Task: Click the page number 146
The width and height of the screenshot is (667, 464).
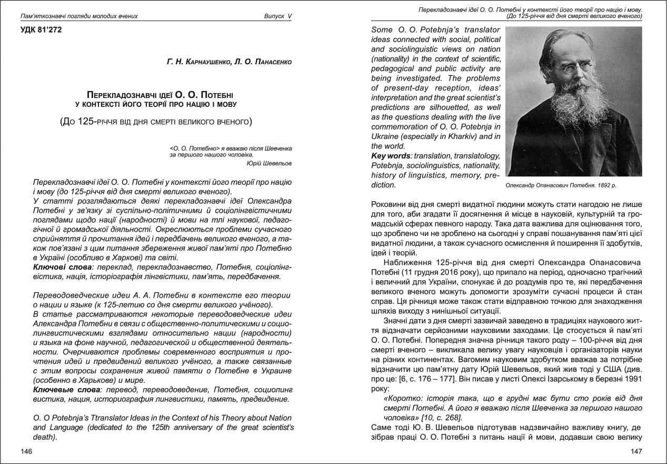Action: pos(26,451)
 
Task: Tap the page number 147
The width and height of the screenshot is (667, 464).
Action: pos(636,451)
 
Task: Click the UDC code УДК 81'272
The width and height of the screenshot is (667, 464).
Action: pos(41,30)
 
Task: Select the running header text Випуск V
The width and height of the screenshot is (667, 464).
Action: pos(277,16)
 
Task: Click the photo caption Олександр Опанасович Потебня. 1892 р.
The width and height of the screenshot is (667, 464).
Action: pos(560,185)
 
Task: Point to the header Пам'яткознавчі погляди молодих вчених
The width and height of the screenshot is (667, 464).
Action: pos(79,16)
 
